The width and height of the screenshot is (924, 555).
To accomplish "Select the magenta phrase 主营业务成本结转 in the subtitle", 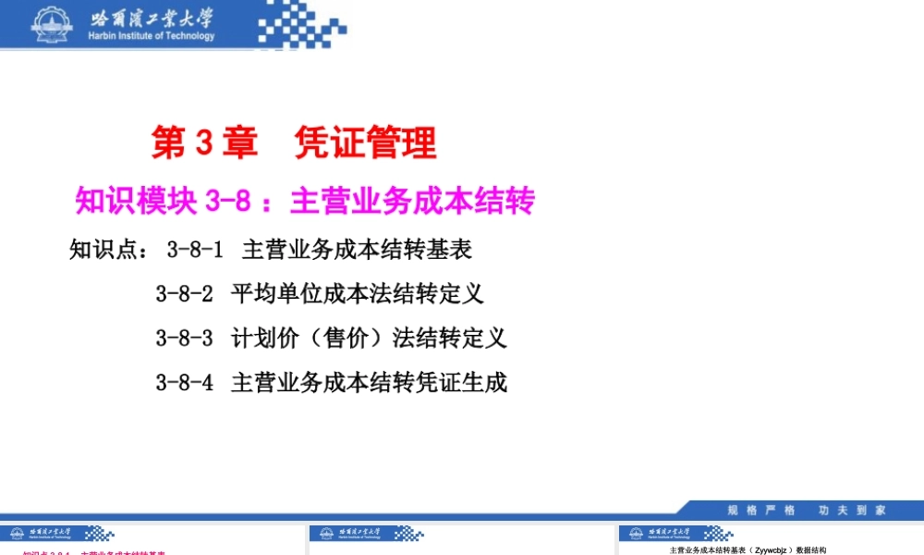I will (413, 201).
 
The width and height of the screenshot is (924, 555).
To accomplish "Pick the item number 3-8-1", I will (195, 250).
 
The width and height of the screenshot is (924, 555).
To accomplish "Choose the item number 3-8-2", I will (184, 294).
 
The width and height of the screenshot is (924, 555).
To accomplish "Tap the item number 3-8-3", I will (184, 338).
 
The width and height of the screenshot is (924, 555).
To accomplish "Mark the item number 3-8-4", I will (184, 382).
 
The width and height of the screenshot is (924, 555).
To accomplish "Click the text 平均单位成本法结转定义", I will (358, 294).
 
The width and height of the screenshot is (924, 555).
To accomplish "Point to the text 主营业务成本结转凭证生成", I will (369, 382).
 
